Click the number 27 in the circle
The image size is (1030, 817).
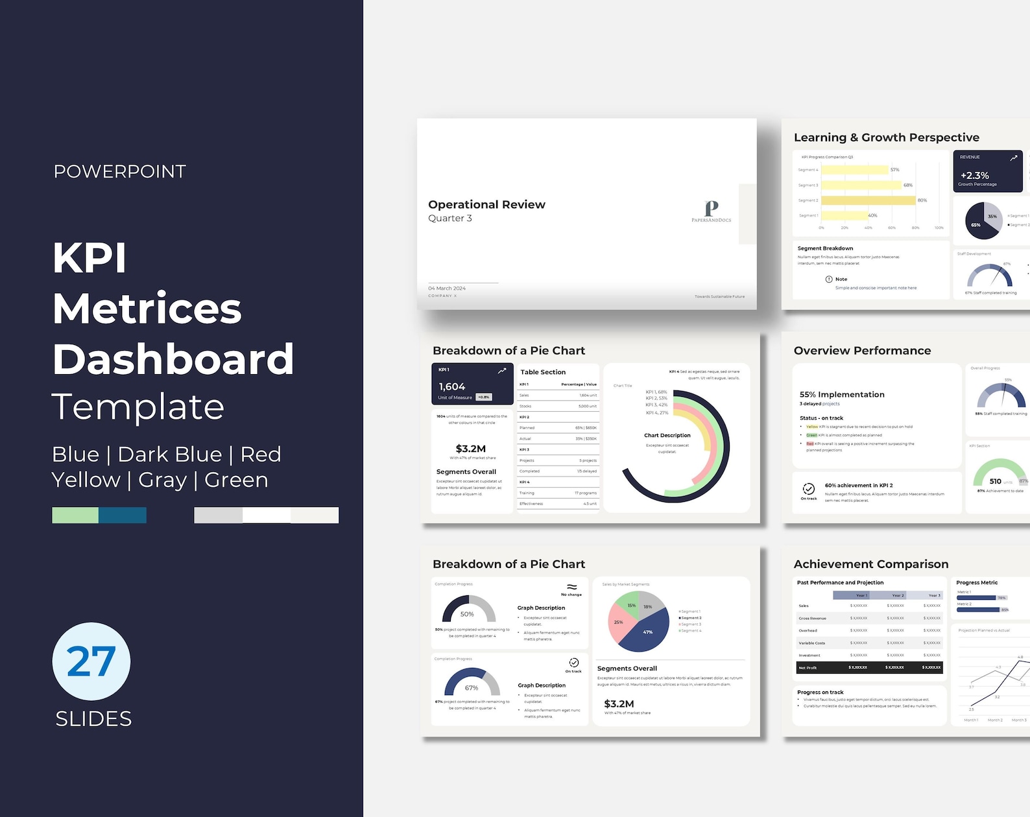point(91,661)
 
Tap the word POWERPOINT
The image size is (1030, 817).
point(120,172)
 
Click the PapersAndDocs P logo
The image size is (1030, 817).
point(712,208)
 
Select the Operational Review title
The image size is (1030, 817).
point(486,205)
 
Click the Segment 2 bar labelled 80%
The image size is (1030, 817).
point(868,200)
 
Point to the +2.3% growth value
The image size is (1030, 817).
point(974,175)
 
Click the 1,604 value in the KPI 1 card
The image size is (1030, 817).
point(452,386)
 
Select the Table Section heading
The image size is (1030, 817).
point(543,372)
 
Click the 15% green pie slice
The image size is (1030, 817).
point(630,606)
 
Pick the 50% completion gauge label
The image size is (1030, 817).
point(467,614)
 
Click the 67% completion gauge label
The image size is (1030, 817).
point(472,688)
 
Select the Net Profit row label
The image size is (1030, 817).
point(808,667)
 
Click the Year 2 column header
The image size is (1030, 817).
point(898,595)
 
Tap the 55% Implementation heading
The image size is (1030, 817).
point(842,394)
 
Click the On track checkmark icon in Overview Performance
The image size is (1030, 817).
point(809,489)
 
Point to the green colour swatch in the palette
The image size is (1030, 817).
point(75,515)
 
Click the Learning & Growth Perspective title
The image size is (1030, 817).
point(886,137)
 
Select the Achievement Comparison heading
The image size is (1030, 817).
point(870,564)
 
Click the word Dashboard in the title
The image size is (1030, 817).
point(173,359)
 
